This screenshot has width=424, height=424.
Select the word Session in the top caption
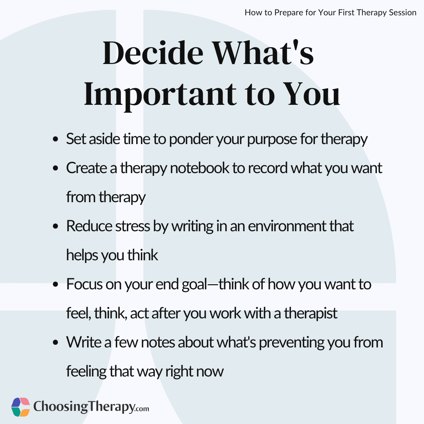(x=403, y=13)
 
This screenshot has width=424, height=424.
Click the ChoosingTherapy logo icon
(x=20, y=407)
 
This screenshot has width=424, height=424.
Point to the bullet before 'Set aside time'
(x=56, y=139)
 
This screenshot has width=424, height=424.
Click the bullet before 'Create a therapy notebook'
(x=56, y=168)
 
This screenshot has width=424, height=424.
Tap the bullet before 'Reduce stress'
(x=56, y=226)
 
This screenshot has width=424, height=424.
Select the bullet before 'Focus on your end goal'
(x=56, y=285)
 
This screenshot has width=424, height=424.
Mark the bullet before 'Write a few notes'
(x=56, y=343)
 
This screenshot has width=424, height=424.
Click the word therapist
(x=311, y=314)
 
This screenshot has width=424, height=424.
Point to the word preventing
(x=291, y=343)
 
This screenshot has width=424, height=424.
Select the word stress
(x=133, y=226)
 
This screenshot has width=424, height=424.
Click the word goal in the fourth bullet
(x=194, y=285)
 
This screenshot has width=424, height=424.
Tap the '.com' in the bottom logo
(x=141, y=408)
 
